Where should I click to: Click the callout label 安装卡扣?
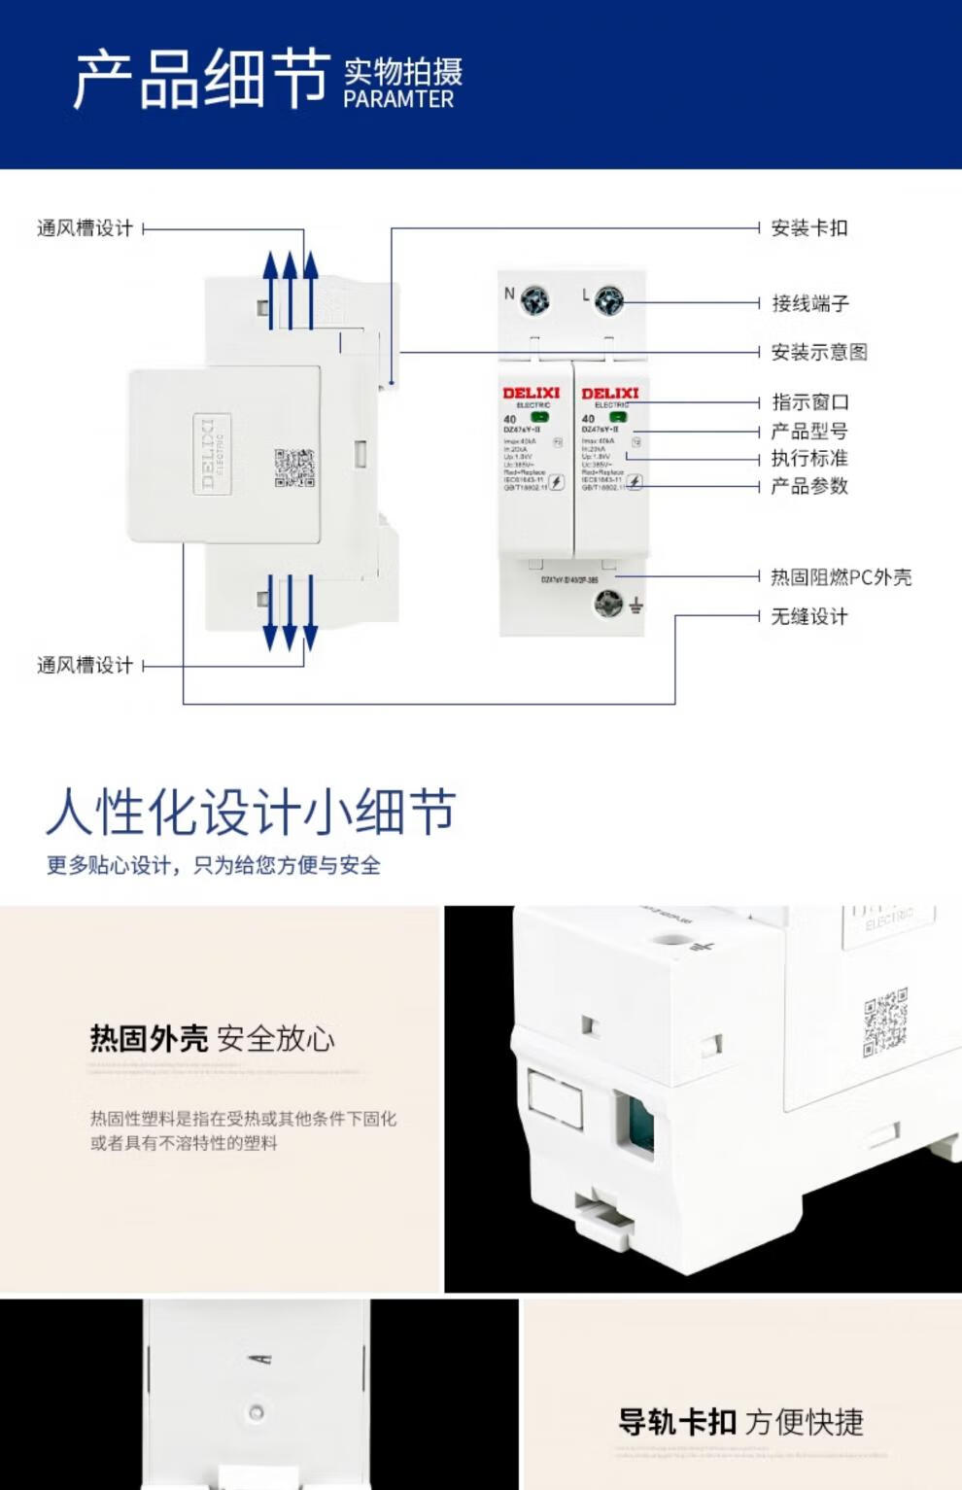click(808, 228)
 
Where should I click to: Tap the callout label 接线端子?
click(809, 303)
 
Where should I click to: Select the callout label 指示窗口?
click(809, 401)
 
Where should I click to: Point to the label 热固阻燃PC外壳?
click(841, 577)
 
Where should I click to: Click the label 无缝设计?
click(808, 616)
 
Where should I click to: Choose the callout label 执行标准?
click(808, 458)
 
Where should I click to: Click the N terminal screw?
click(534, 300)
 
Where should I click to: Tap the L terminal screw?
click(608, 300)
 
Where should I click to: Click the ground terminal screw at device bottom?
click(608, 606)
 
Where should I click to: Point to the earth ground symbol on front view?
click(636, 606)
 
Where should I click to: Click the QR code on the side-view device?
click(293, 468)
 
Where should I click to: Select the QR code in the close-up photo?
click(885, 1022)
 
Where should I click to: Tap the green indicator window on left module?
click(539, 417)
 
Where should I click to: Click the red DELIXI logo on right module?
click(610, 393)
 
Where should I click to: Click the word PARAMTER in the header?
click(398, 99)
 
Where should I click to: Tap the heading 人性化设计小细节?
click(251, 812)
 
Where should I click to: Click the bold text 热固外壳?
click(149, 1038)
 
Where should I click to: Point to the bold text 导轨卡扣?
click(677, 1422)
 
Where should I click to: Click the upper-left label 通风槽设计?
click(85, 228)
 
